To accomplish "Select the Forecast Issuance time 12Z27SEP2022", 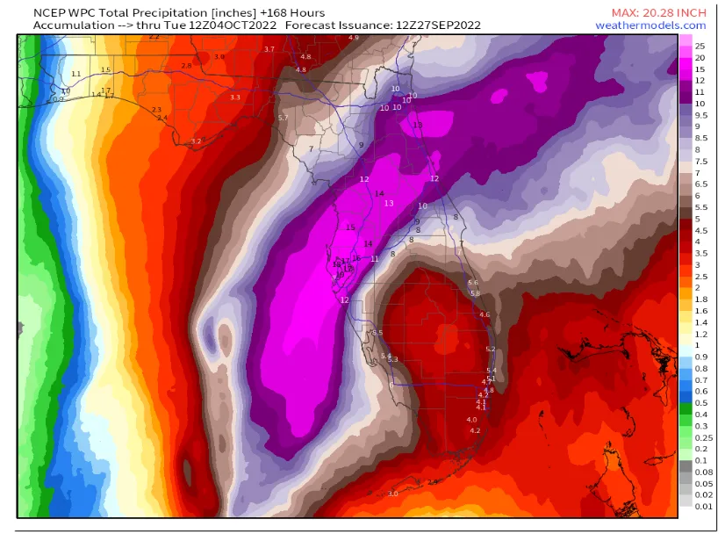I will [x=434, y=25].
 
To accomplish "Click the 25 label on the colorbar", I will [x=699, y=45].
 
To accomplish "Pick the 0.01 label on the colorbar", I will [x=702, y=507].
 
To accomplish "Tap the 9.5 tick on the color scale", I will [x=701, y=114].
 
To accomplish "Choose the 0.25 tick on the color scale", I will [x=703, y=437].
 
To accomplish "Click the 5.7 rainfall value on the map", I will [x=283, y=118].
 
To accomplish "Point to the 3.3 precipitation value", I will [x=234, y=97].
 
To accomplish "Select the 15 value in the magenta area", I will [x=350, y=228].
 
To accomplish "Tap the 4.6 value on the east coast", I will [x=485, y=314].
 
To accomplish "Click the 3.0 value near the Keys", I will [x=392, y=494].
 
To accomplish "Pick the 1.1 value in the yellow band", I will [x=75, y=74].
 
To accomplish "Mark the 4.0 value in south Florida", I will [x=471, y=420].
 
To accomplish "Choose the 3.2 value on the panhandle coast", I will [x=196, y=141].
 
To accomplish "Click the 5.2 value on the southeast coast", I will [x=491, y=350].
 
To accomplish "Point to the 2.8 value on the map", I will [x=186, y=66].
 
